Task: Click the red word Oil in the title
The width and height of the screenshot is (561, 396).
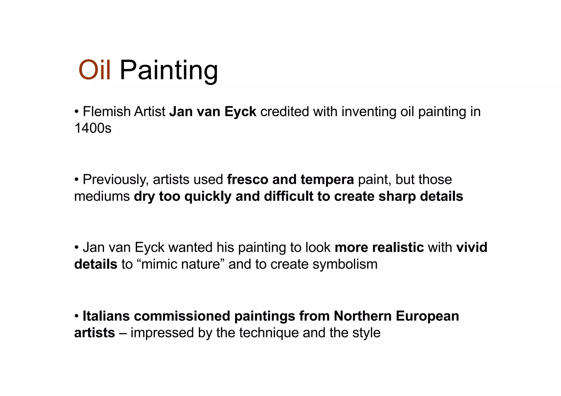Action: [95, 70]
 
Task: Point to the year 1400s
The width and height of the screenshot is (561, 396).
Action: [93, 128]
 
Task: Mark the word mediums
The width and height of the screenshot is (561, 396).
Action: [102, 196]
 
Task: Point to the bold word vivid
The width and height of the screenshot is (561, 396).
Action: [472, 247]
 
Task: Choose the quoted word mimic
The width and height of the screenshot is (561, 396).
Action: [160, 264]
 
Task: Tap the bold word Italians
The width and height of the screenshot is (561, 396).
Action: [106, 316]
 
